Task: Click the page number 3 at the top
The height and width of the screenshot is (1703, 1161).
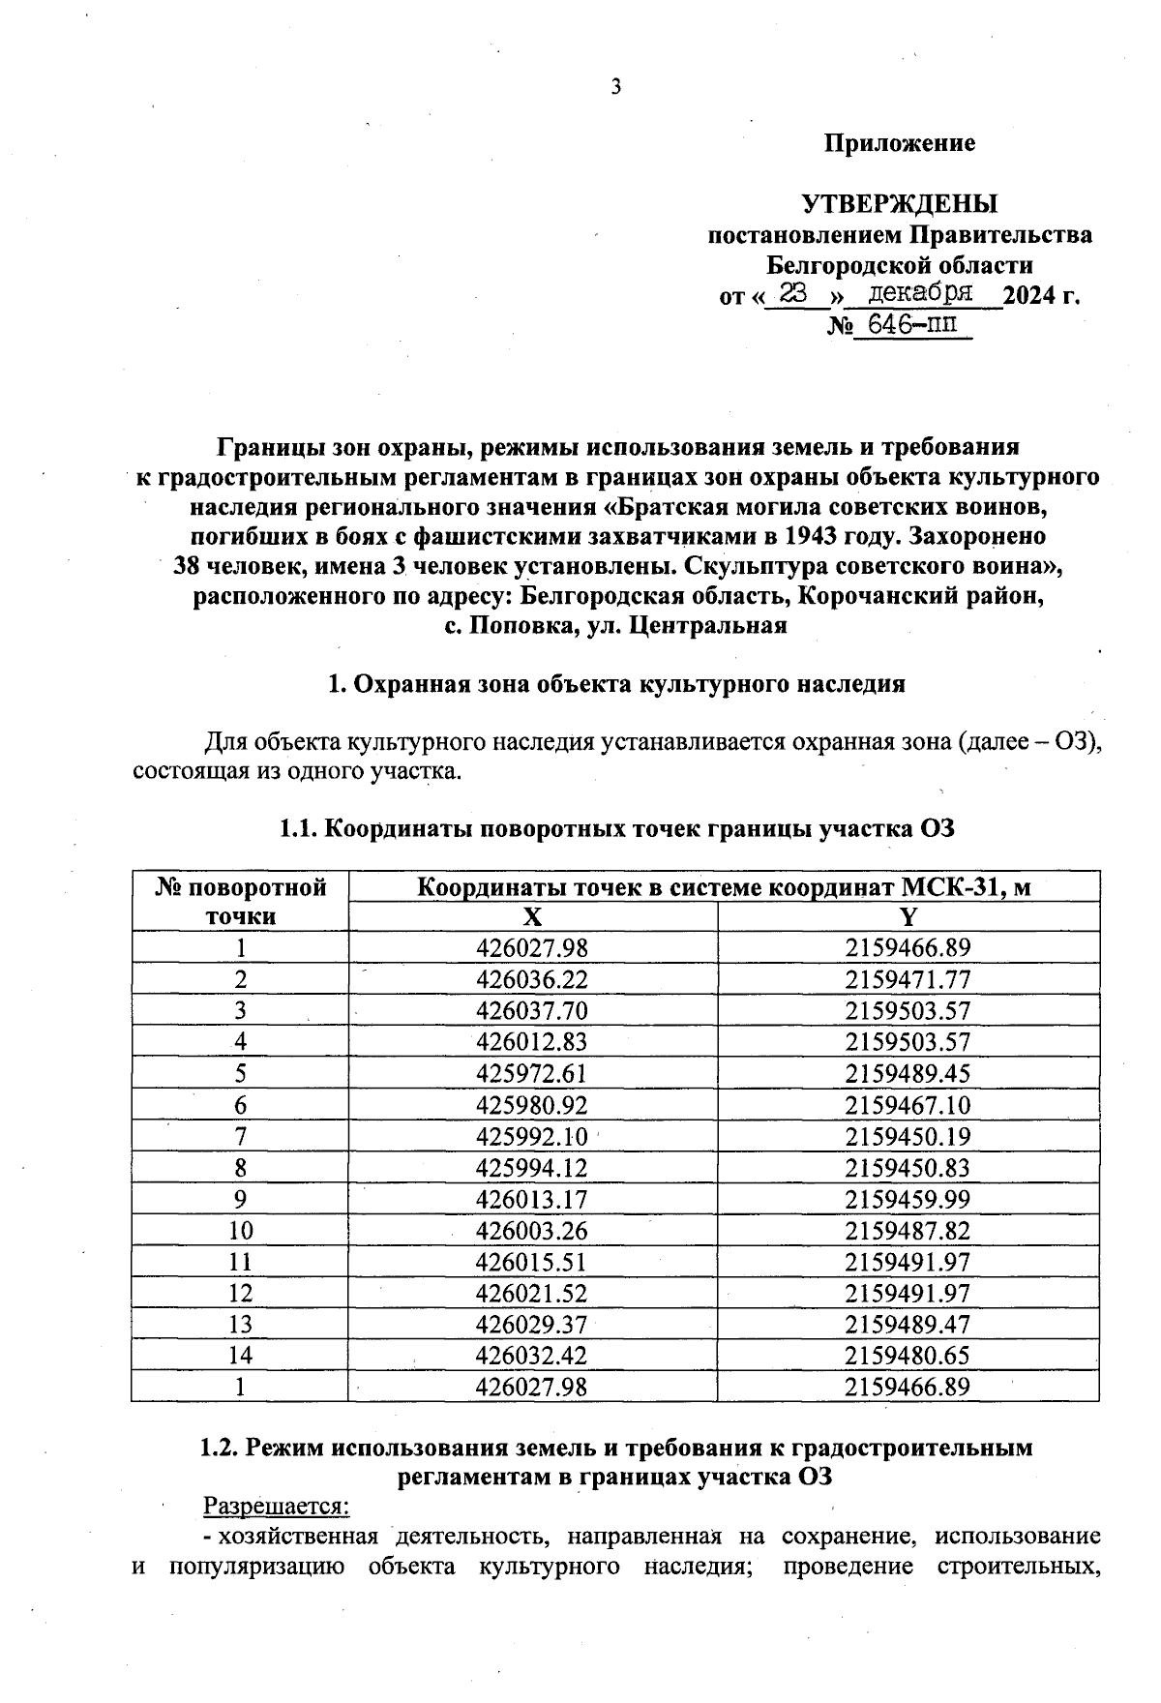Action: (615, 88)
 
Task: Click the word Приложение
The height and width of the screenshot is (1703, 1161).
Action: (900, 144)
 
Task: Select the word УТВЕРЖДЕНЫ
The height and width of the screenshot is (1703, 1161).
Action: (900, 205)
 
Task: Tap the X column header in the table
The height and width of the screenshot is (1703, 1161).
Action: (532, 917)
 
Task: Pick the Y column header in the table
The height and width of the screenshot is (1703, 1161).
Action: (908, 917)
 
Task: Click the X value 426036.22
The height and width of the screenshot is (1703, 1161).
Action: (532, 979)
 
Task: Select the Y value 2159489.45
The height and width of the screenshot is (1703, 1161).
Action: (908, 1073)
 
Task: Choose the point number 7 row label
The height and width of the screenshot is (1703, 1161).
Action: (240, 1136)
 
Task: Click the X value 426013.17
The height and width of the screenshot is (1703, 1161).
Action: (532, 1199)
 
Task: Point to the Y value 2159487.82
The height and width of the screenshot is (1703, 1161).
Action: (908, 1230)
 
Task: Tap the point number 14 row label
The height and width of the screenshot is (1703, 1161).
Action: (240, 1355)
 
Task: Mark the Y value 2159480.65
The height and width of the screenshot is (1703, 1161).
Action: (908, 1355)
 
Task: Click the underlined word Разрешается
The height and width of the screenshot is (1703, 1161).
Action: (276, 1507)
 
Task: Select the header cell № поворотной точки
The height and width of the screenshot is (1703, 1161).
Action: (240, 902)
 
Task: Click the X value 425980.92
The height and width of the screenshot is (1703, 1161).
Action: (532, 1105)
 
